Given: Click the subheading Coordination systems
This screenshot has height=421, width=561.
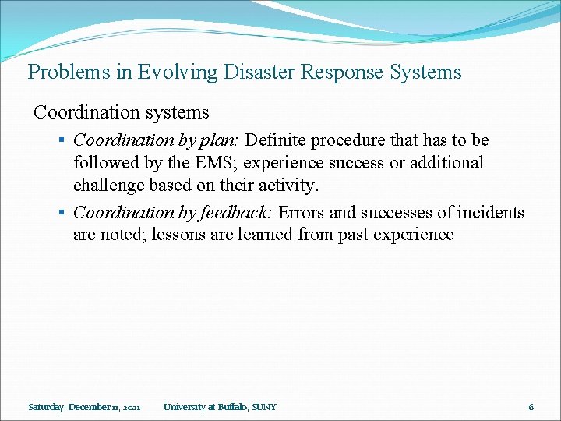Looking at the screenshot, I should coord(122,112).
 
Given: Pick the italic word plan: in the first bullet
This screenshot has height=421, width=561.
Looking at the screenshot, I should coord(223,140).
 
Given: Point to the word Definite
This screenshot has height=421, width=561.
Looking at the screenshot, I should coord(277,140).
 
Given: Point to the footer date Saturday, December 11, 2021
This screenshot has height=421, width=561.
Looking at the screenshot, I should coord(84,407).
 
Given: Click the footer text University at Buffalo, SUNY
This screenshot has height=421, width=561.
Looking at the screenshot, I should coord(220,407).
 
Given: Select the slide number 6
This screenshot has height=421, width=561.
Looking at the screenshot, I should coord(531,407).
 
